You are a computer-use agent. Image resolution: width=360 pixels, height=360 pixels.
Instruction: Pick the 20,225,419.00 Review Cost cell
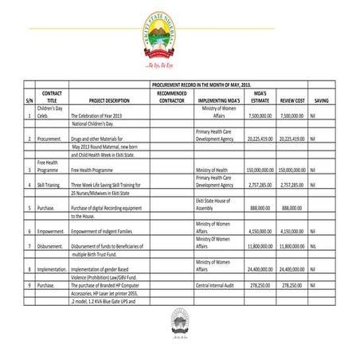(292, 138)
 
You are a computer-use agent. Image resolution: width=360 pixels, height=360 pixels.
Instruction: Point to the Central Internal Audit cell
(215, 284)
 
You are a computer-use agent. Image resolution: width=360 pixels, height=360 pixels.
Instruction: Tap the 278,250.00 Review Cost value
(294, 284)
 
